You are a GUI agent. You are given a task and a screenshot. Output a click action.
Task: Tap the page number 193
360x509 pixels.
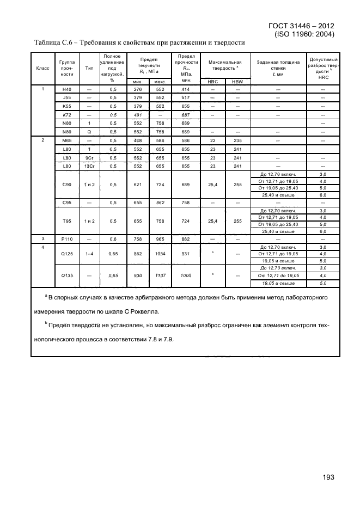pos(328,477)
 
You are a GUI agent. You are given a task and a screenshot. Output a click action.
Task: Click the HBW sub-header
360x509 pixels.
pos(237,81)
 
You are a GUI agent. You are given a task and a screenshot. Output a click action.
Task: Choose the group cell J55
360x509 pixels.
pos(66,97)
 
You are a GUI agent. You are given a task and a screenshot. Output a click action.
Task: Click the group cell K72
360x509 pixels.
pos(66,115)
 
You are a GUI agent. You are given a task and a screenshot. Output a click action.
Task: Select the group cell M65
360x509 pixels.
pos(66,140)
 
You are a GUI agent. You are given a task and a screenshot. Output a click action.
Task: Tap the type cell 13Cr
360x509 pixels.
pos(89,166)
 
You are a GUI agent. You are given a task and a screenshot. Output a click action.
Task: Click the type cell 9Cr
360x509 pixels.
pos(89,157)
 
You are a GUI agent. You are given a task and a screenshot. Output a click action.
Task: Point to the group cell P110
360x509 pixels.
pos(66,238)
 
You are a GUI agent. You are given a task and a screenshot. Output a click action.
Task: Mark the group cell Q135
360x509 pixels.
pos(66,275)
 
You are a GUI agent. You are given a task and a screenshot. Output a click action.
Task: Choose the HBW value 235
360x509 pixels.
pos(237,140)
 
